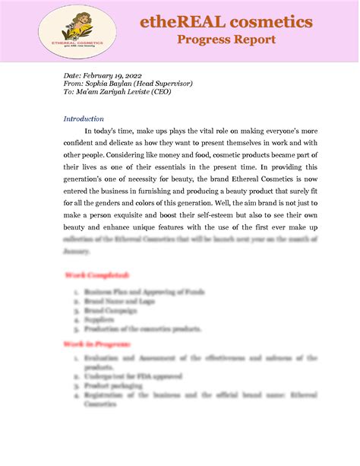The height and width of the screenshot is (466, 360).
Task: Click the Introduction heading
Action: (84, 119)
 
